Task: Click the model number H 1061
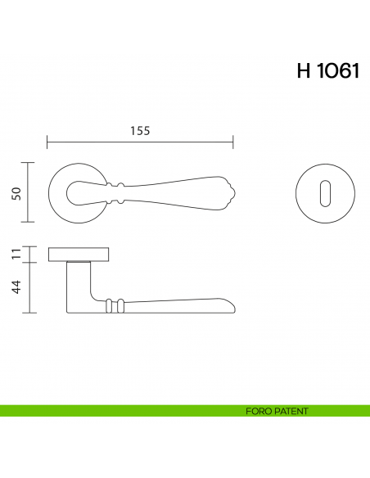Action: click(327, 71)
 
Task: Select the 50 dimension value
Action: click(17, 192)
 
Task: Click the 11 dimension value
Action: click(17, 254)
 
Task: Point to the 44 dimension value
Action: click(17, 287)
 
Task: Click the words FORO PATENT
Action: click(277, 411)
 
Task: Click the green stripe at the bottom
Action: click(123, 411)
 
